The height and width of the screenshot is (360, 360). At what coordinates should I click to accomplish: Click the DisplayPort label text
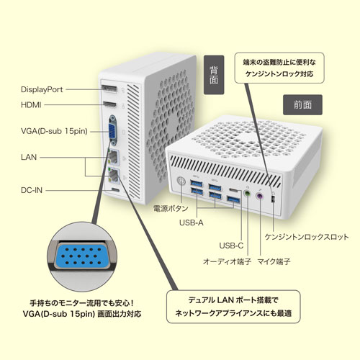pyautogui.click(x=42, y=89)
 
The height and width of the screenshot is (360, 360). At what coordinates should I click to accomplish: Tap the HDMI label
pyautogui.click(x=31, y=105)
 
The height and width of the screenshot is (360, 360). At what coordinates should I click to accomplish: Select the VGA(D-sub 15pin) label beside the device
pyautogui.click(x=54, y=131)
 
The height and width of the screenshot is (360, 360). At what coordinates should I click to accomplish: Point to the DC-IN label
pyautogui.click(x=32, y=190)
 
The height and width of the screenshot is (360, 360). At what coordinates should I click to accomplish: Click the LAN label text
pyautogui.click(x=29, y=157)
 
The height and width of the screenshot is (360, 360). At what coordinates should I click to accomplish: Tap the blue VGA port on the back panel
pyautogui.click(x=112, y=130)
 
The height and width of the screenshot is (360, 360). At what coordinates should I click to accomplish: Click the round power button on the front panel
pyautogui.click(x=181, y=181)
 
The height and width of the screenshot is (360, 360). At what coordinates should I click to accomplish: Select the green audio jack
pyautogui.click(x=247, y=193)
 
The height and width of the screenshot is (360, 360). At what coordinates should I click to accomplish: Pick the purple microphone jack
pyautogui.click(x=259, y=197)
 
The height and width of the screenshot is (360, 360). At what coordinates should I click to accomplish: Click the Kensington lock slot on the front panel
pyautogui.click(x=273, y=199)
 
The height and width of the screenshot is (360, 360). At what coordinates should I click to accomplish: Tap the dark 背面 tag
pyautogui.click(x=214, y=75)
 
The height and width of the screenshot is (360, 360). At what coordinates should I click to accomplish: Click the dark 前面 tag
pyautogui.click(x=302, y=105)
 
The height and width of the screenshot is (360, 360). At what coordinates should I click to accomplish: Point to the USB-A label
pyautogui.click(x=192, y=222)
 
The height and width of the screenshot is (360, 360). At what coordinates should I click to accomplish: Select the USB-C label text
pyautogui.click(x=231, y=246)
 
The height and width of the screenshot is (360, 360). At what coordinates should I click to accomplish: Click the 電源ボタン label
pyautogui.click(x=171, y=208)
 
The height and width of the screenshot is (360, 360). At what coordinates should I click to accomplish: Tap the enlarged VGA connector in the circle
pyautogui.click(x=82, y=256)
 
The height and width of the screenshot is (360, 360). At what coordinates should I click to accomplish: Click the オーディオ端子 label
pyautogui.click(x=227, y=261)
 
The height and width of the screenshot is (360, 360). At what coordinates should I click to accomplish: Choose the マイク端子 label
pyautogui.click(x=274, y=261)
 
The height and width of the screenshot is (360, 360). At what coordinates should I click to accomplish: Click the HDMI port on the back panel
pyautogui.click(x=109, y=104)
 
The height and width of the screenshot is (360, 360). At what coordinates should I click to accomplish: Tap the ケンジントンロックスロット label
pyautogui.click(x=307, y=237)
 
